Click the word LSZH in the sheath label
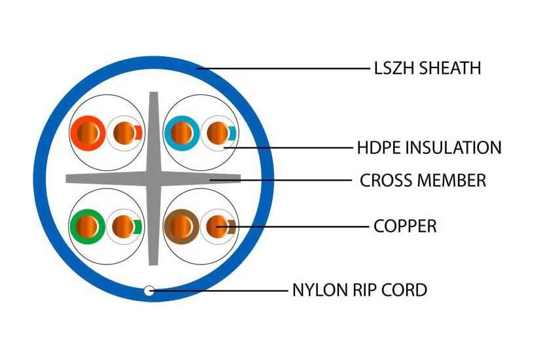click(394, 67)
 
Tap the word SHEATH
click(449, 67)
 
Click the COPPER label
click(405, 226)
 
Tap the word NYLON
click(320, 290)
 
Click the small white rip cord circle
click(149, 291)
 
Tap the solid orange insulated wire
click(88, 133)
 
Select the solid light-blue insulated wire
click(181, 133)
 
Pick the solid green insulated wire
click(87, 226)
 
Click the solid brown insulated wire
click(181, 226)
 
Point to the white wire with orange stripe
click(124, 133)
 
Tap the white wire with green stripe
click(124, 226)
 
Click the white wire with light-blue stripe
click(218, 133)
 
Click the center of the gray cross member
click(154, 179)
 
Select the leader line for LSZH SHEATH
click(284, 68)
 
